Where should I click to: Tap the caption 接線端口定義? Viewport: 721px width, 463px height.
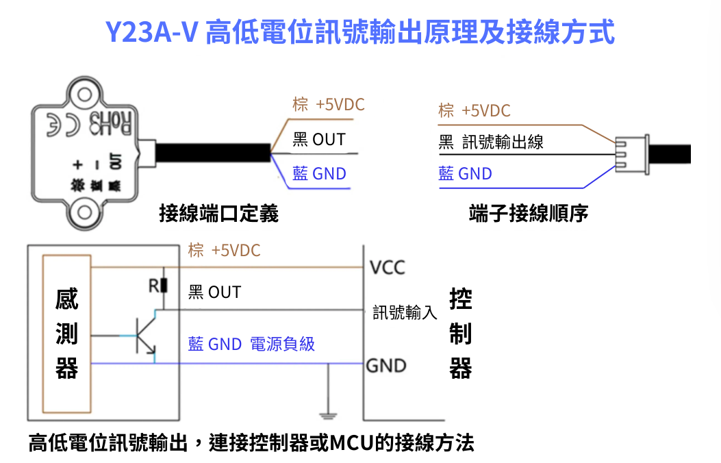point(218,214)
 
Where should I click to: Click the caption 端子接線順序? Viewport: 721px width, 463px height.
point(528,214)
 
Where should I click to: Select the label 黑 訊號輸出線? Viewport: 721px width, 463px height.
point(491,142)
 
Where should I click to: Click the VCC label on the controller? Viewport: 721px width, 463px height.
point(388,267)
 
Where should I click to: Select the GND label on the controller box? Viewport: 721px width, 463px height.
point(386,366)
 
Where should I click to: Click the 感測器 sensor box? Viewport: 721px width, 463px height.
point(66,334)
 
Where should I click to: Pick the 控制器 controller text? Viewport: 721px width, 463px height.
point(461,334)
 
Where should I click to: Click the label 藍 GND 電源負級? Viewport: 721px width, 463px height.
point(251,344)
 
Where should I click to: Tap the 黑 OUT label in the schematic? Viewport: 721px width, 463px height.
point(214,292)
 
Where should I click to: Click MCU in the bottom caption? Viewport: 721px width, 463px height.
point(355,442)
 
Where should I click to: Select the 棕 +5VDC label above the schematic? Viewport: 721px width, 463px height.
point(225,251)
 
